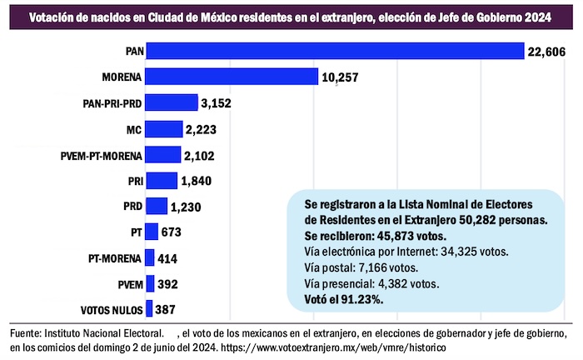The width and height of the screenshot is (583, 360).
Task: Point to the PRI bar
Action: click(161, 180)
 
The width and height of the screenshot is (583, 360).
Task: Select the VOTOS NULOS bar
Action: click(149, 308)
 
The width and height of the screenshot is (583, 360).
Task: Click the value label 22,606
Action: click(546, 52)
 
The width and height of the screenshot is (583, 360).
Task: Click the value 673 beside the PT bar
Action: click(172, 232)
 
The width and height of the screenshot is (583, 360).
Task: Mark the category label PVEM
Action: click(127, 283)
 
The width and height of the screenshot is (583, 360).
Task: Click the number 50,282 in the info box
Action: click(474, 219)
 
